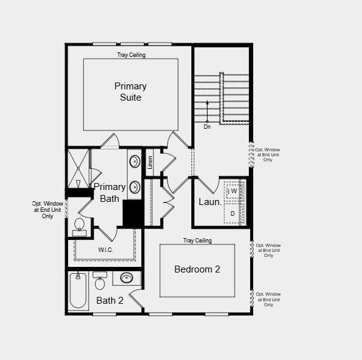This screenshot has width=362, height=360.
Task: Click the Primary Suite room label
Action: (130, 92)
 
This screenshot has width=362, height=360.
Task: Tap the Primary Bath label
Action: (109, 192)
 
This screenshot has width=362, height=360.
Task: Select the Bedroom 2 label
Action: (197, 269)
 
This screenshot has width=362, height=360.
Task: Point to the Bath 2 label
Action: (110, 301)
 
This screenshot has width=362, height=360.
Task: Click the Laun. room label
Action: (210, 202)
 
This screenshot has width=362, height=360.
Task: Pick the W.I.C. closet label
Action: (106, 250)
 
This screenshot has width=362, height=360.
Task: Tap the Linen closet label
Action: (150, 163)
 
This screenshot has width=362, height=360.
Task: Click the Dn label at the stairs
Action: (207, 126)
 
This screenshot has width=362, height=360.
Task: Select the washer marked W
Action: (234, 191)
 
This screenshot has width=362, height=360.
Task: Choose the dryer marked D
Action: (233, 214)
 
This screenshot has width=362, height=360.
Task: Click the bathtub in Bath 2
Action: (78, 291)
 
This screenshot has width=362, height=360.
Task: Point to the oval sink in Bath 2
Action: (127, 278)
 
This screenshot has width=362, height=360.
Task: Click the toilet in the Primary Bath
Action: (79, 226)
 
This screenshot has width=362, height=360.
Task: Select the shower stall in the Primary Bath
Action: (78, 168)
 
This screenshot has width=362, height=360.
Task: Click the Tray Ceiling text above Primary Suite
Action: (131, 55)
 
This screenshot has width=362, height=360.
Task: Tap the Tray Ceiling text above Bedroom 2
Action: (197, 241)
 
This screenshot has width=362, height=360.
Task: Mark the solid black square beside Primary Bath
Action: (133, 214)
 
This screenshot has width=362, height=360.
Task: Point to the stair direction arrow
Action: (208, 111)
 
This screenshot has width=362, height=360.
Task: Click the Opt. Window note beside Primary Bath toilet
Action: (48, 209)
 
